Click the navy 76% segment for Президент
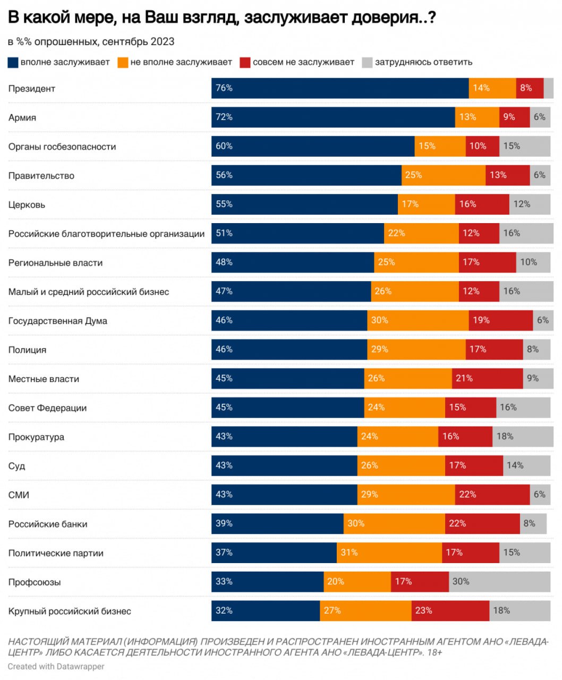tap(340, 88)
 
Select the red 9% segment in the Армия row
tap(514, 117)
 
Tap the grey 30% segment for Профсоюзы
tap(499, 582)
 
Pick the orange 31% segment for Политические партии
tap(389, 553)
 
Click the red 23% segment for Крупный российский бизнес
tap(450, 611)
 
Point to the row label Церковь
tap(27, 205)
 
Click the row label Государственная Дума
tap(57, 321)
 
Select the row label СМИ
tap(19, 495)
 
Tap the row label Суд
tap(16, 466)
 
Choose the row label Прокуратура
tap(36, 437)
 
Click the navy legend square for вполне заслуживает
tap(13, 63)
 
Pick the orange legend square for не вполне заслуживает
tap(123, 63)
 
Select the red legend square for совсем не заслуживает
tap(245, 63)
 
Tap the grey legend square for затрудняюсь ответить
tap(367, 63)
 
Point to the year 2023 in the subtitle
tap(163, 41)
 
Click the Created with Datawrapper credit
tap(56, 666)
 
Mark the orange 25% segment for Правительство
tap(443, 175)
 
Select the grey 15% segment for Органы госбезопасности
tap(524, 147)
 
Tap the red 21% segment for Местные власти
tap(487, 379)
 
